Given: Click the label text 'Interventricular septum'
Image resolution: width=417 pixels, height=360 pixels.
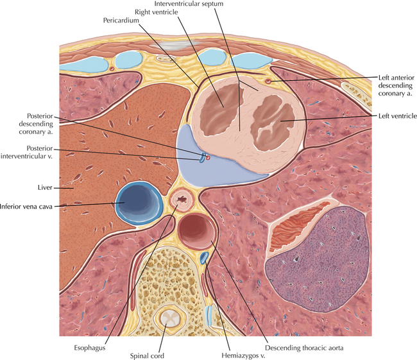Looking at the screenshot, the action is click(189, 4).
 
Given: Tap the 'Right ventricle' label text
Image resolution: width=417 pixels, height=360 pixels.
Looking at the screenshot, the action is click(156, 12).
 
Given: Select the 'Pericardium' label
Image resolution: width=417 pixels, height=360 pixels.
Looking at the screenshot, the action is click(121, 21).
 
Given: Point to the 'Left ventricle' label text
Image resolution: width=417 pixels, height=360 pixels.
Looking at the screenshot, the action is click(398, 116).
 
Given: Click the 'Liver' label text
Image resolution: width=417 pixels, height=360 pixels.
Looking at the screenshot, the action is click(45, 188).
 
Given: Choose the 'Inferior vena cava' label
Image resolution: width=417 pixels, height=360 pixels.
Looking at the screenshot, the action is click(26, 207).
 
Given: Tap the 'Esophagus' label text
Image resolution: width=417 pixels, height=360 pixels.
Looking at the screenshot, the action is click(90, 348).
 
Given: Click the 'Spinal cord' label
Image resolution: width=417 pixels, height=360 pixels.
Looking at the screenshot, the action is click(147, 356).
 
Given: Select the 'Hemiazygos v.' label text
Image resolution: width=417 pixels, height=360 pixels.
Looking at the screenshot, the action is click(243, 356).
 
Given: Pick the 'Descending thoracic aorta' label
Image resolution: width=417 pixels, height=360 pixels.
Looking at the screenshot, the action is click(304, 348).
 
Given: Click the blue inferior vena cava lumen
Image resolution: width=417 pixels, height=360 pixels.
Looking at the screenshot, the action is click(139, 202).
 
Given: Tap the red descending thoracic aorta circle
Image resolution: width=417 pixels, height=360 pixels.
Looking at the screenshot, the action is click(196, 231).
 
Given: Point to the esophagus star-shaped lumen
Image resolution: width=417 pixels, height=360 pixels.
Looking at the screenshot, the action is click(182, 199).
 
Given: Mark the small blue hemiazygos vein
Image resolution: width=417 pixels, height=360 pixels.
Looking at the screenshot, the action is click(204, 257).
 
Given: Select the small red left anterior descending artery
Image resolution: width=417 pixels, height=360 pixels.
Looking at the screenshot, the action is click(268, 81).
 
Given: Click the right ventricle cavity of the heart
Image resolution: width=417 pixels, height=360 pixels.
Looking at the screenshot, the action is click(223, 108).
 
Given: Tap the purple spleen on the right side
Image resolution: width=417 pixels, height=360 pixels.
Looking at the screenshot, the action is click(318, 259).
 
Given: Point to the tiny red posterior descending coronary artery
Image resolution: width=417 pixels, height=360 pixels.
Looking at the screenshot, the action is click(208, 158).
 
